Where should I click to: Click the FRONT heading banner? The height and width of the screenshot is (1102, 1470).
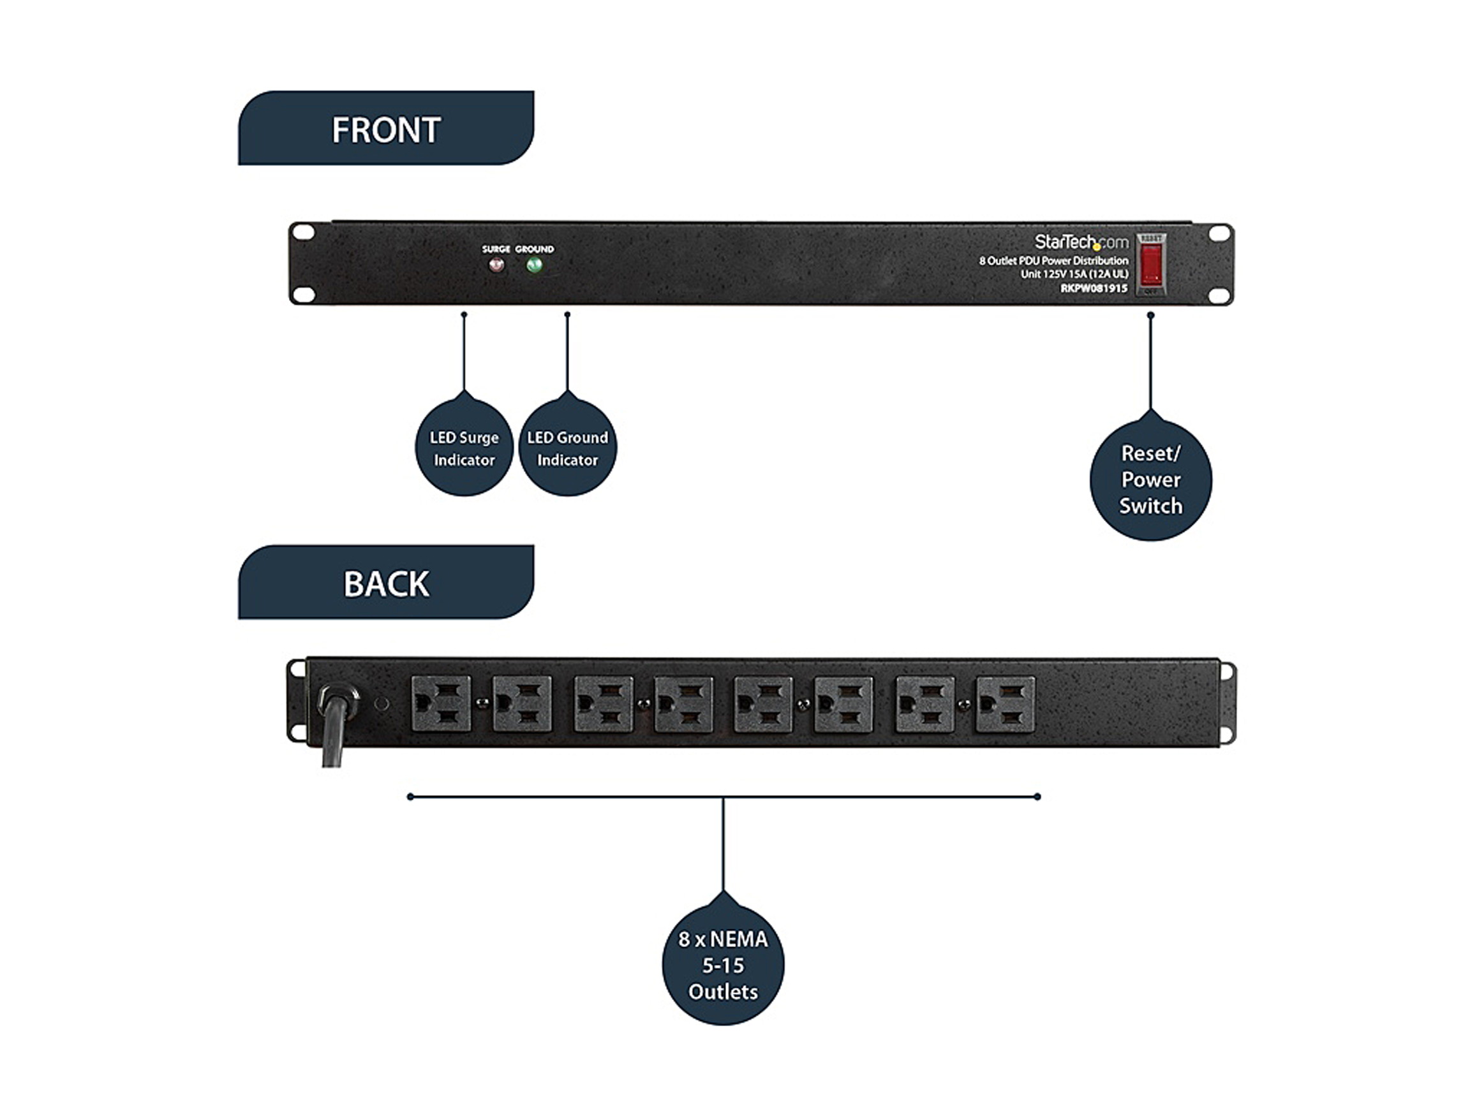pos(385,128)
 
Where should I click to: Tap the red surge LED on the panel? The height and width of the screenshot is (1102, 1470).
pos(496,265)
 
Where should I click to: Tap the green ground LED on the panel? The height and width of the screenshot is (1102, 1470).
pos(534,265)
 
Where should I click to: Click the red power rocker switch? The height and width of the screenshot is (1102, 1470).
pos(1150,264)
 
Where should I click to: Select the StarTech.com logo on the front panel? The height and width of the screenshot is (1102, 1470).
pos(1081,242)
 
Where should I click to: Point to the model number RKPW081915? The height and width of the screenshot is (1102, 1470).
pos(1093,288)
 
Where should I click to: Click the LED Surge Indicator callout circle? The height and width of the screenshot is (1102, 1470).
pos(464,448)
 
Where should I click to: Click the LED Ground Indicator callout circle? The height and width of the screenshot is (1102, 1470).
pos(568,448)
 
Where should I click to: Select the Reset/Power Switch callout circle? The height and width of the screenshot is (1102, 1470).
pos(1150,479)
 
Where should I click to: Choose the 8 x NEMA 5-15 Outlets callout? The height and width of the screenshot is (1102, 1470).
pos(723,964)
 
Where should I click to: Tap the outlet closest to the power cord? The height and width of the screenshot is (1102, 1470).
pos(441,703)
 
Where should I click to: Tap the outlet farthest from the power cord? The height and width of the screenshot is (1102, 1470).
pos(1005,703)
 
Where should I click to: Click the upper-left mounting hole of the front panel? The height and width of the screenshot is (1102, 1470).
pos(304,233)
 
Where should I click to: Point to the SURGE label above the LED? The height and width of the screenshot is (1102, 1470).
pos(496,249)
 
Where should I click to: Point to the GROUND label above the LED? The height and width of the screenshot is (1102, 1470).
pos(534,249)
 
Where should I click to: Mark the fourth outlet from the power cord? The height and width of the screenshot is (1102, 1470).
pos(683,703)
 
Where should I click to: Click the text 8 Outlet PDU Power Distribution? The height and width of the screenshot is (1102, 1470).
pos(1053,260)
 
